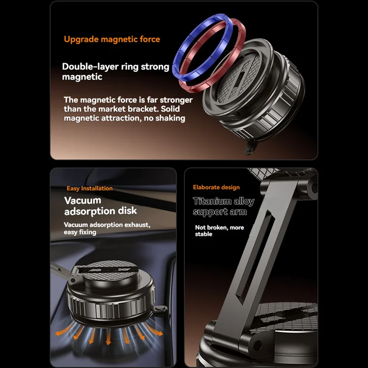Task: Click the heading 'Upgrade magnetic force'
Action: pyautogui.click(x=112, y=39)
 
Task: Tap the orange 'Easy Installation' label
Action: pyautogui.click(x=90, y=188)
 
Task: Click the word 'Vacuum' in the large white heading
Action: pyautogui.click(x=83, y=201)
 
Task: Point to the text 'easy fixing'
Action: pyautogui.click(x=80, y=232)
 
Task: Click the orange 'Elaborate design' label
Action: pyautogui.click(x=216, y=187)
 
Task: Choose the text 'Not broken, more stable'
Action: pyautogui.click(x=219, y=231)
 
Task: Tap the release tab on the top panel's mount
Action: pyautogui.click(x=249, y=147)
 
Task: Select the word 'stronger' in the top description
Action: pyautogui.click(x=176, y=100)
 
